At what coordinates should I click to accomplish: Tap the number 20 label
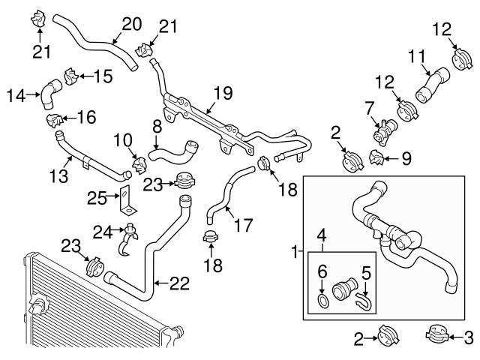(131, 24)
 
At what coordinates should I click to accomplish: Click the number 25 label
(95, 197)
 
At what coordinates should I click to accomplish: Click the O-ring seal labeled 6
(322, 301)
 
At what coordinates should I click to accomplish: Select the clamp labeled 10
(138, 162)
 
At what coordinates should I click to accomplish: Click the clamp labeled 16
(52, 120)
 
